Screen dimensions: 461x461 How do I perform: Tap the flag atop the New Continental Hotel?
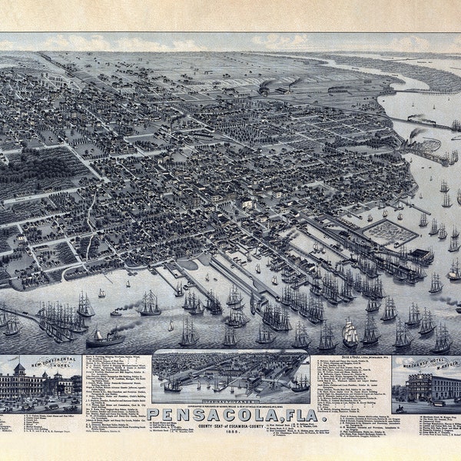pos(19,363)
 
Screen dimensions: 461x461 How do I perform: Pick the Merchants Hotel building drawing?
pos(423,386)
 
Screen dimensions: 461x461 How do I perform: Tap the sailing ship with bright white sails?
pos(350,333)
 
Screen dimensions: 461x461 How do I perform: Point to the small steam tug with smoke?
pos(116,312)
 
